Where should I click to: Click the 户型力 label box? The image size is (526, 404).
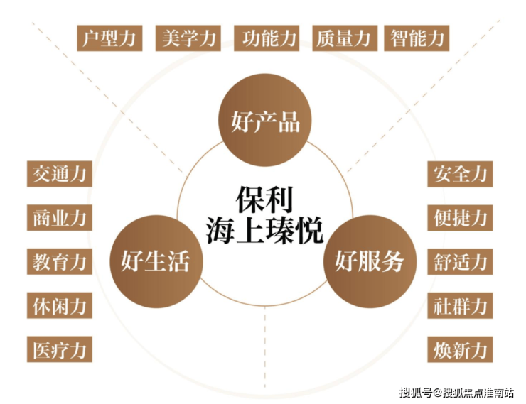109,38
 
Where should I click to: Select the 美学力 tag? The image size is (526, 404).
188,38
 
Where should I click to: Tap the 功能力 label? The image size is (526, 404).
267,38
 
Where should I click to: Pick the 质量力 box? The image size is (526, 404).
345,38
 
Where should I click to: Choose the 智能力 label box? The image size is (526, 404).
417,38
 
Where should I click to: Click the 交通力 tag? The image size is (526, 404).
60,174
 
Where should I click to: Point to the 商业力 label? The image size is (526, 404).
60,218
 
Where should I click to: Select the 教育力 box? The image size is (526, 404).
60,261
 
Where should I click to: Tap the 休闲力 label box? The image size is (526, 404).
60,305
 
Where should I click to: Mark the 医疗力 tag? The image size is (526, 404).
60,349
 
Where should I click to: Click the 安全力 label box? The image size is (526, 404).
460,174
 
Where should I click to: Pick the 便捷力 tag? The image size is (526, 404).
460,218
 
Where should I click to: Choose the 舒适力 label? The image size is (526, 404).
460,261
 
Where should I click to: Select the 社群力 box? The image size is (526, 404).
460,305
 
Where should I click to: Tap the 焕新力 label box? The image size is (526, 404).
460,350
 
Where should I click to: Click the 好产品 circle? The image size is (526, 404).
265,120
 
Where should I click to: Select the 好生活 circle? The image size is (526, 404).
156,261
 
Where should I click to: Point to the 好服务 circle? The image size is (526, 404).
370,261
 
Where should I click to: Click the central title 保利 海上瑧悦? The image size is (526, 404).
264,214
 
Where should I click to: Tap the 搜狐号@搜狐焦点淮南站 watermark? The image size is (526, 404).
456,392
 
